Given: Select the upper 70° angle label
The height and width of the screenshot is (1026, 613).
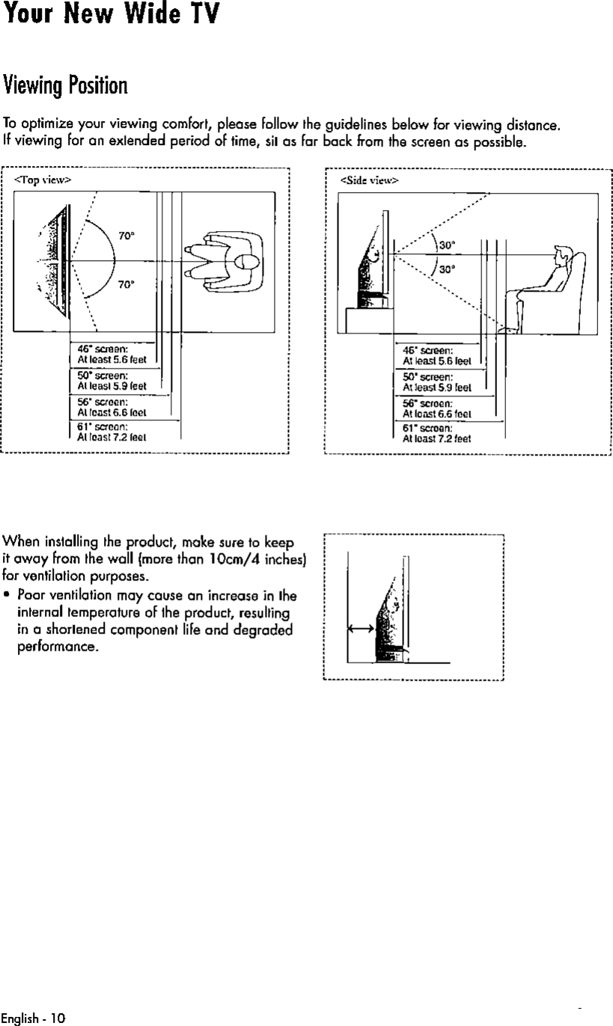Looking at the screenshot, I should (x=126, y=236).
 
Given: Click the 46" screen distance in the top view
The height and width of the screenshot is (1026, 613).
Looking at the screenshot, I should (x=111, y=354).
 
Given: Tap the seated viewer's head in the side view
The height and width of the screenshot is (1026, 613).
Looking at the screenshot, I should (x=561, y=255).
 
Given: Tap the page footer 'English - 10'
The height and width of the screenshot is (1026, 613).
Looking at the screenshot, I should (x=34, y=1018).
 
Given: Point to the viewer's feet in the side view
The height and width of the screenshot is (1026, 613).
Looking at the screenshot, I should (x=510, y=328).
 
